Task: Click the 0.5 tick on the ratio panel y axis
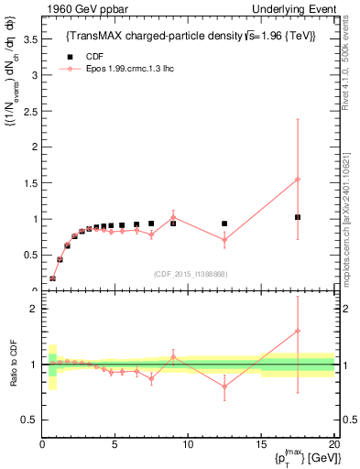tap(30, 420)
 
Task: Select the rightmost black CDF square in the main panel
tap(298, 217)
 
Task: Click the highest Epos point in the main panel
tap(298, 180)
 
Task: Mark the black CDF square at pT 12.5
tap(224, 224)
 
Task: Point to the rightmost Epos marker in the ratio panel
tap(298, 331)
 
